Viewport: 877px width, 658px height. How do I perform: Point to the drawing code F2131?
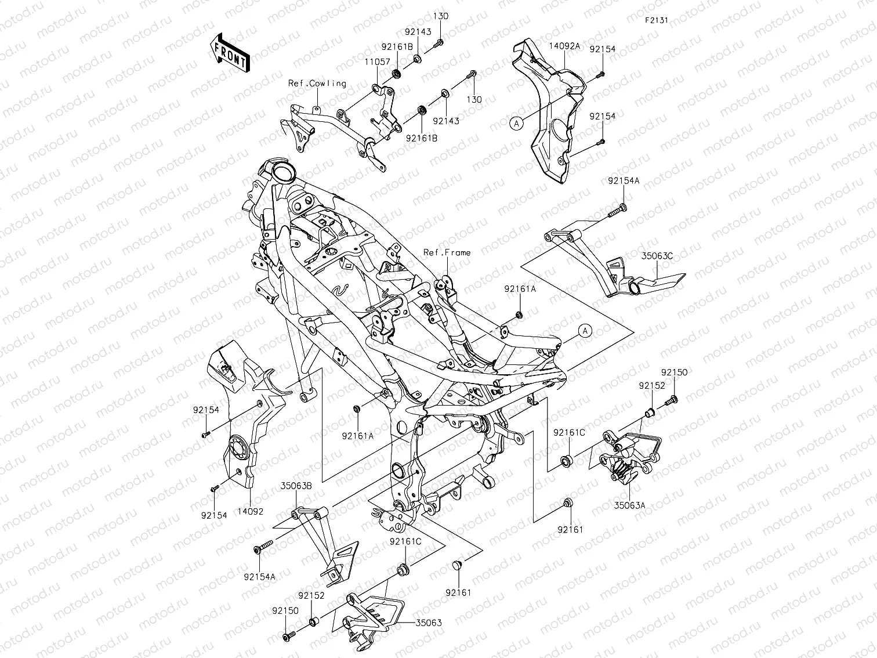click(657, 20)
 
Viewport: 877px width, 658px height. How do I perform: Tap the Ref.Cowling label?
click(317, 84)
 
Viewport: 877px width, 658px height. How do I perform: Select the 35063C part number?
click(657, 255)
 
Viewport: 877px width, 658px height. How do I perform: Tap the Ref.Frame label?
click(447, 252)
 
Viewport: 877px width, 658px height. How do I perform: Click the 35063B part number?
click(297, 486)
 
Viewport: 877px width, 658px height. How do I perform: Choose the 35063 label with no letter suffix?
click(429, 623)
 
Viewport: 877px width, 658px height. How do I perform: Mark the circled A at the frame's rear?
click(586, 331)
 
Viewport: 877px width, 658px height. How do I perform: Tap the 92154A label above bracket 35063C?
click(624, 181)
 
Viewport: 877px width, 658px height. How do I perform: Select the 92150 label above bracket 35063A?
click(673, 373)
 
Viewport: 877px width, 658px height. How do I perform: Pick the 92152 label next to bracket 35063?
click(311, 595)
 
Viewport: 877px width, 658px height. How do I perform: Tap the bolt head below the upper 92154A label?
click(622, 207)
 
